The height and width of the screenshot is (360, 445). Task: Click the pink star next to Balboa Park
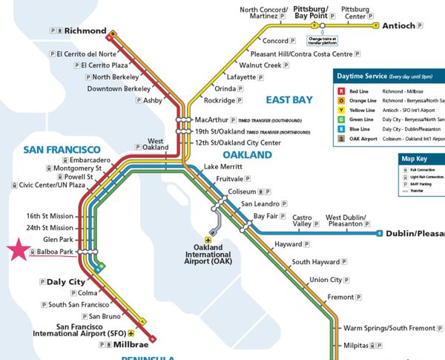point(19,250)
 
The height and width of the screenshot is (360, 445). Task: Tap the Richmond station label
point(86,30)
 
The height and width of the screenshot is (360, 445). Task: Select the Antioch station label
point(399,25)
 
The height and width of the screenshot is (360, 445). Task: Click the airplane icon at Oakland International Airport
point(210,240)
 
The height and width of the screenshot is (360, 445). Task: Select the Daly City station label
point(66,282)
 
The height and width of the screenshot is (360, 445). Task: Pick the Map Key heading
point(418,158)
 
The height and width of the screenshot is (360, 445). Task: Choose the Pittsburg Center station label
point(355,13)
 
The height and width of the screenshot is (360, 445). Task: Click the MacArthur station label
point(214,120)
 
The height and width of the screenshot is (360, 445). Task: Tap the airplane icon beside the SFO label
point(132,333)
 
